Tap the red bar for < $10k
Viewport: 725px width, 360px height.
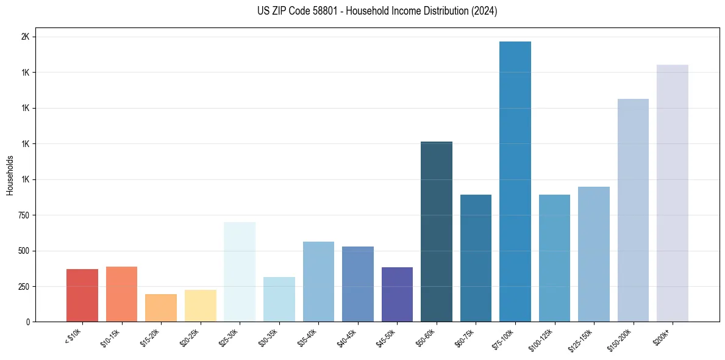[82, 295]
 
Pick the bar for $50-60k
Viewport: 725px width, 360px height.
[437, 231]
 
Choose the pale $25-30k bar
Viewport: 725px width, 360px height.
[240, 272]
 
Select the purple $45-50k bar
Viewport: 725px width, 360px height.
[397, 294]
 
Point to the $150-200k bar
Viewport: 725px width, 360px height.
[633, 210]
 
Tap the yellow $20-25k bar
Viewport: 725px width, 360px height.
[200, 305]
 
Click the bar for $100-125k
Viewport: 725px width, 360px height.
[554, 258]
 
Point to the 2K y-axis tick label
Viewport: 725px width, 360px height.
[26, 37]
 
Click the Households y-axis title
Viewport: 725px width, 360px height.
[10, 175]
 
